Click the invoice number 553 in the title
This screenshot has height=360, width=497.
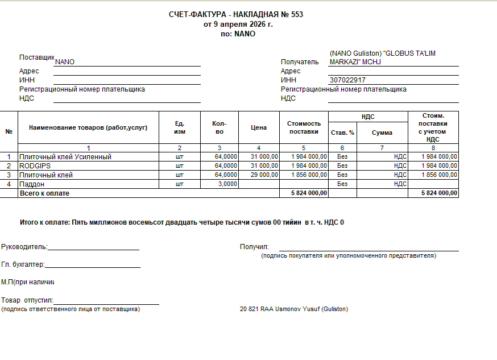[x=297, y=14]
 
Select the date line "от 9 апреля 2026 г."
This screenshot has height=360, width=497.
[x=238, y=24]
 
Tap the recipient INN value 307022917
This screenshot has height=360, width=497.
[x=347, y=80]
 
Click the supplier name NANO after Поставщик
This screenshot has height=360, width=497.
[x=64, y=62]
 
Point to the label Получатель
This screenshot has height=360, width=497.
[x=300, y=62]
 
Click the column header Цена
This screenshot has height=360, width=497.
[x=259, y=128]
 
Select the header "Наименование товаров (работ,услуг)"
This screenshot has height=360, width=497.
[x=88, y=128]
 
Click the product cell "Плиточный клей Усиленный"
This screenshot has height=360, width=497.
[x=65, y=156]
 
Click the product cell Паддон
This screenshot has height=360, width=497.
[x=32, y=184]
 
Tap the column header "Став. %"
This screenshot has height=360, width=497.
[x=342, y=133]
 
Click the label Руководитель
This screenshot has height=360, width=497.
[x=24, y=247]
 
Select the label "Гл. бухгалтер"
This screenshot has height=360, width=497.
[x=23, y=264]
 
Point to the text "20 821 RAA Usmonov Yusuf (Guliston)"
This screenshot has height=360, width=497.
[x=293, y=309]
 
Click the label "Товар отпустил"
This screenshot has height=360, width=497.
[x=27, y=300]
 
